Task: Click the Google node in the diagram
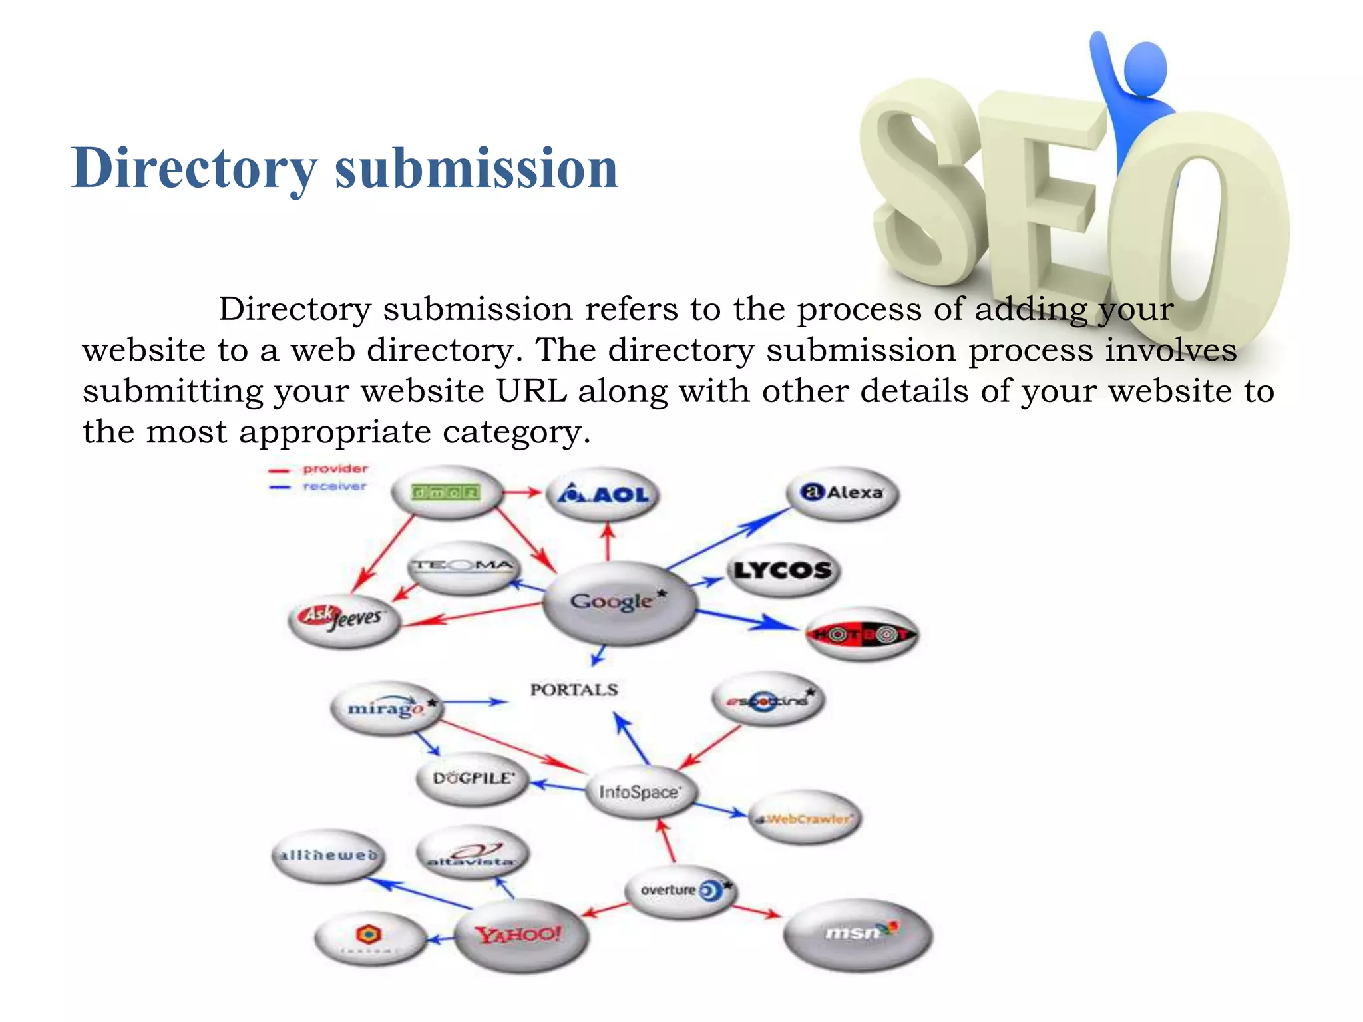click(618, 602)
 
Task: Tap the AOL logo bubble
click(602, 494)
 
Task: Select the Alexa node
click(843, 493)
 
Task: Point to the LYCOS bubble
click(783, 570)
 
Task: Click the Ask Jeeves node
click(344, 619)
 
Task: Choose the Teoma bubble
click(463, 567)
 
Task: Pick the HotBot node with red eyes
click(862, 634)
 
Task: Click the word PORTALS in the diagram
click(574, 690)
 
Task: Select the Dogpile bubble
click(473, 778)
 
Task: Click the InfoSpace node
click(640, 792)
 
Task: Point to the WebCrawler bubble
click(806, 818)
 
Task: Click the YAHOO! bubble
click(520, 936)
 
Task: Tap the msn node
click(858, 934)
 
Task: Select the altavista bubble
click(472, 854)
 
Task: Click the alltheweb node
click(329, 856)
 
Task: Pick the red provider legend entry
click(319, 469)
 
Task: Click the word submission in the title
click(477, 168)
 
